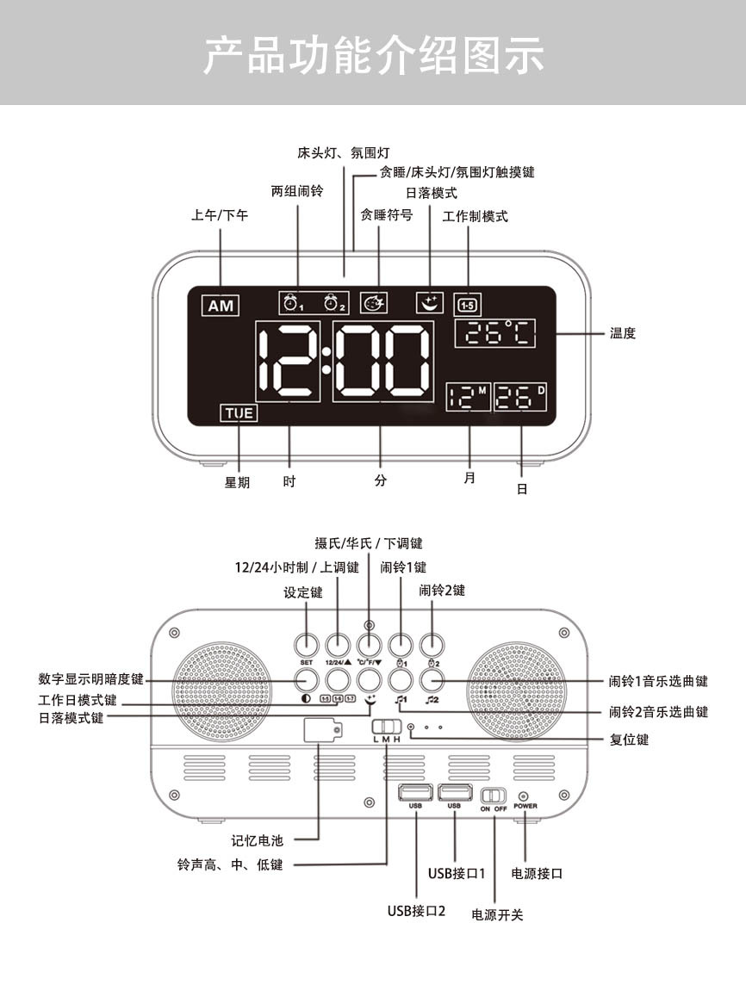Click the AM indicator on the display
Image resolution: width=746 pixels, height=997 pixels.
pyautogui.click(x=221, y=305)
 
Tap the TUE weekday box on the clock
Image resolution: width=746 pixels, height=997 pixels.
pyautogui.click(x=239, y=413)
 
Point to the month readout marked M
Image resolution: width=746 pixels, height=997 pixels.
pyautogui.click(x=468, y=397)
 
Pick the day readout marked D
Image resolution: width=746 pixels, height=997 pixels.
pyautogui.click(x=520, y=397)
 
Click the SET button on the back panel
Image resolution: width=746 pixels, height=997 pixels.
pyautogui.click(x=306, y=645)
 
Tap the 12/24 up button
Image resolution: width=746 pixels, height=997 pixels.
pyautogui.click(x=338, y=645)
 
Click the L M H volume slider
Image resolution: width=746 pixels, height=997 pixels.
pyautogui.click(x=386, y=728)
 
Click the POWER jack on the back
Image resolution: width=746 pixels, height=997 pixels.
pyautogui.click(x=525, y=796)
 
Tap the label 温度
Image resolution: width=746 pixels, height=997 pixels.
pyautogui.click(x=622, y=333)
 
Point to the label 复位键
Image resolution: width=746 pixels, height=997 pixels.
pyautogui.click(x=629, y=740)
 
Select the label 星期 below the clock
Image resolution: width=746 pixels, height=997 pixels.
pyautogui.click(x=237, y=483)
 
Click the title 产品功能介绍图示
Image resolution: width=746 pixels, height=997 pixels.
pyautogui.click(x=373, y=54)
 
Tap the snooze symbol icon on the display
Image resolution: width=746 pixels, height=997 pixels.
pyautogui.click(x=374, y=303)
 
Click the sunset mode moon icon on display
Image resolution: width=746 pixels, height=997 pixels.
pyautogui.click(x=428, y=302)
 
